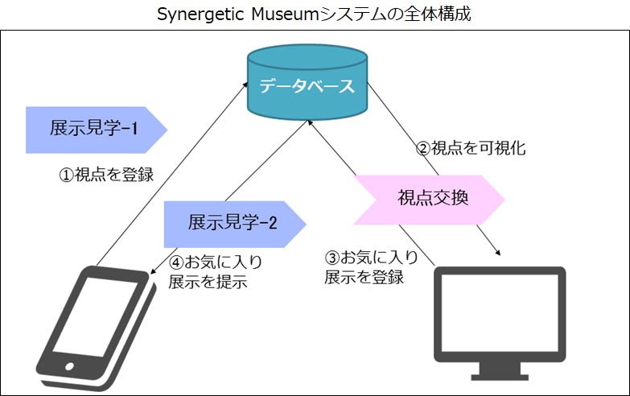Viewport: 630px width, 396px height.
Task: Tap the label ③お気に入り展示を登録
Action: [371, 268]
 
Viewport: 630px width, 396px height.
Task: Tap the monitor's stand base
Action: [500, 375]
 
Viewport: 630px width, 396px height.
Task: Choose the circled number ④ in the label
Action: [176, 262]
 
